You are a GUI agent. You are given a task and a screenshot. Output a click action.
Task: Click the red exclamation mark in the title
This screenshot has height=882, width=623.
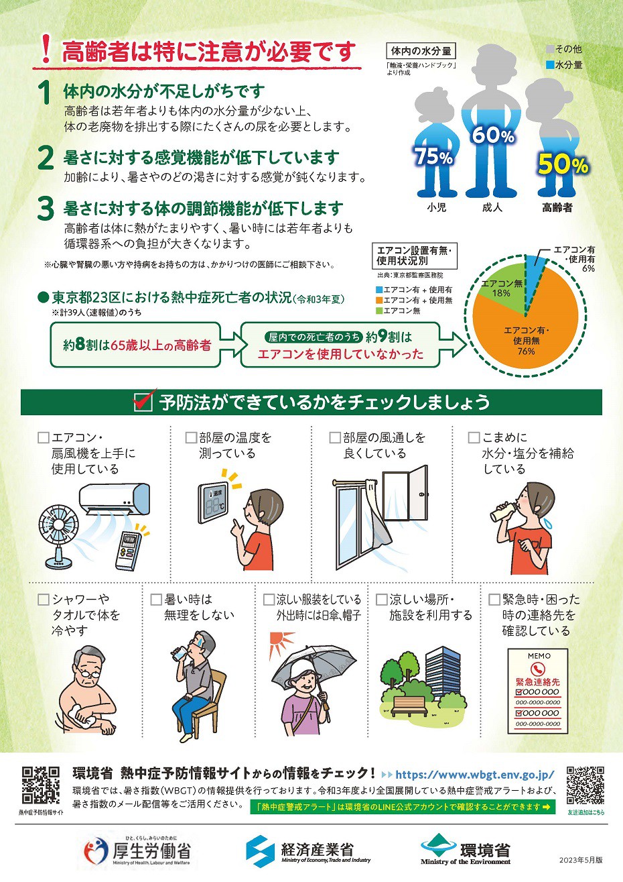click(x=46, y=51)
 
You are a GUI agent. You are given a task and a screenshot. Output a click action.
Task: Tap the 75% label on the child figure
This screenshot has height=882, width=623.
click(x=433, y=156)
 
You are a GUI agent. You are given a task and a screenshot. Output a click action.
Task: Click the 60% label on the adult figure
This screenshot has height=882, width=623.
click(x=493, y=135)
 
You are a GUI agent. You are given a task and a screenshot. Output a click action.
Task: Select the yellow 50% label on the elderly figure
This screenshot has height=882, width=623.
click(x=562, y=164)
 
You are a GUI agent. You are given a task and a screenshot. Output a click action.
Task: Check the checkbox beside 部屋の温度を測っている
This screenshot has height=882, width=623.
click(x=191, y=438)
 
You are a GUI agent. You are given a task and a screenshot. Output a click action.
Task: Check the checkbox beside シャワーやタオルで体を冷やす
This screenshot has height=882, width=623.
click(x=44, y=600)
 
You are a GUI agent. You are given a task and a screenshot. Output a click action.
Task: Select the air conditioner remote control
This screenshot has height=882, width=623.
click(x=129, y=547)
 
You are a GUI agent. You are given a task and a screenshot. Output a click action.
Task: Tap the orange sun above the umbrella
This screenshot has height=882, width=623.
click(x=281, y=646)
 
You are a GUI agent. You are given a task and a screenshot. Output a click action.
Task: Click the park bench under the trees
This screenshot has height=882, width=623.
click(x=408, y=706)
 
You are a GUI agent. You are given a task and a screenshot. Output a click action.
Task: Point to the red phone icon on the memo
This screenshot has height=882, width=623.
click(x=537, y=669)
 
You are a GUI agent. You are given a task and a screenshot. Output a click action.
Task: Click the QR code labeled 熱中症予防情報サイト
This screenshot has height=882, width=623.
click(x=41, y=785)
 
